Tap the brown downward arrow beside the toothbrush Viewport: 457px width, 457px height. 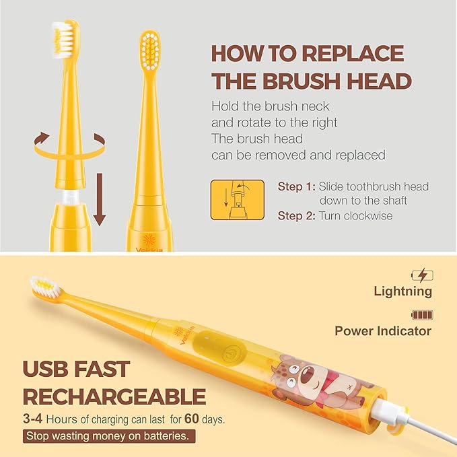tap(100, 201)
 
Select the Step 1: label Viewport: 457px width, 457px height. tap(295, 186)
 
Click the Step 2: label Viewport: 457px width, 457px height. tap(295, 216)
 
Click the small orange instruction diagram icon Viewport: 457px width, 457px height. tap(235, 199)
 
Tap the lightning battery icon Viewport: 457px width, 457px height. tap(422, 275)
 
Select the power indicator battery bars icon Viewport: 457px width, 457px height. tap(422, 314)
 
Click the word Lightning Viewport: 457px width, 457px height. tap(403, 291)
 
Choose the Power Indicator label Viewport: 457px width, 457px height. tap(383, 330)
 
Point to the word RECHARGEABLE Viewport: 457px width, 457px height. tap(114, 396)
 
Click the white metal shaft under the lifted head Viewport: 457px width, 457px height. tap(68, 197)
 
